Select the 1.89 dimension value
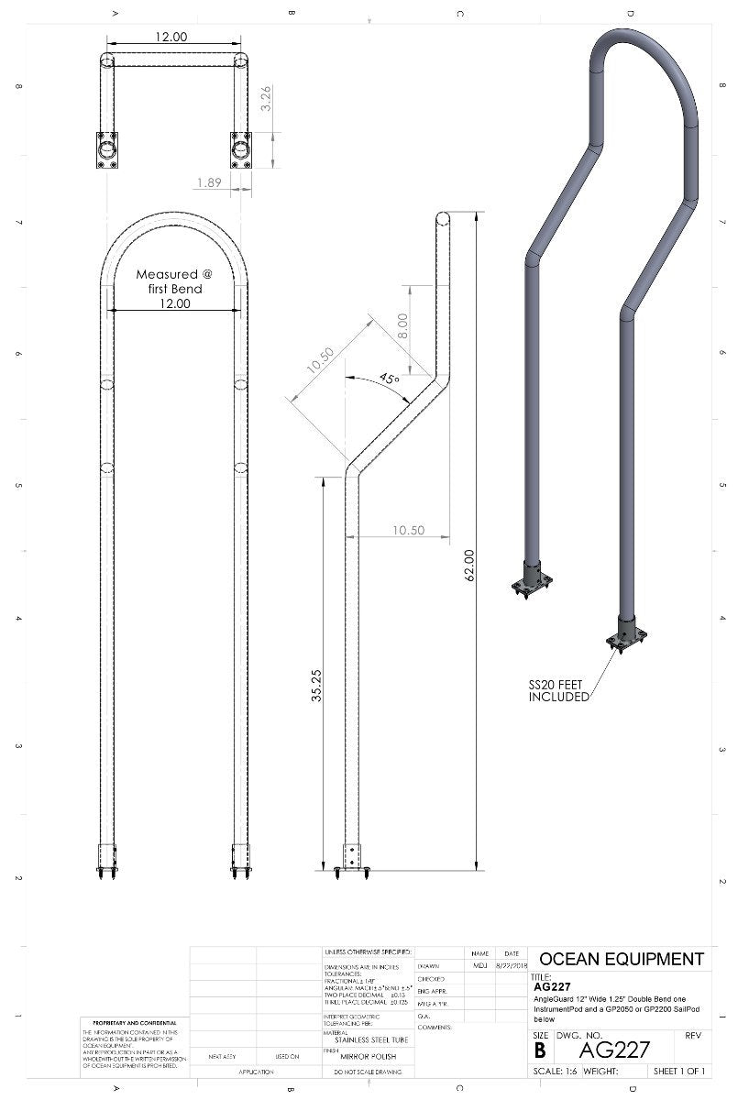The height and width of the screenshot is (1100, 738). coord(209,183)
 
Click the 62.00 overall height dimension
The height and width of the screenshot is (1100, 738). coord(469,566)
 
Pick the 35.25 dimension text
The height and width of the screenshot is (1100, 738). coord(316,686)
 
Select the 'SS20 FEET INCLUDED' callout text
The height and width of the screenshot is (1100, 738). coord(558,691)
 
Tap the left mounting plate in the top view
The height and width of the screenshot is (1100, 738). coord(108,150)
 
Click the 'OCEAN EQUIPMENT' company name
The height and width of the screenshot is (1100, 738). coord(621,960)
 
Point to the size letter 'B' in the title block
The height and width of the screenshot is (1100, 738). coord(540,1050)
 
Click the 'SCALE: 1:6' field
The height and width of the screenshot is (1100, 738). coord(554,1072)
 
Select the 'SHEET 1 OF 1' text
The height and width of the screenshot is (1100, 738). coord(678,1072)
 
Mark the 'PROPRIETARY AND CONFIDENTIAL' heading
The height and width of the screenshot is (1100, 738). coord(135,1023)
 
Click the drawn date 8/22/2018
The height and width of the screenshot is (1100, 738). coord(511,966)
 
